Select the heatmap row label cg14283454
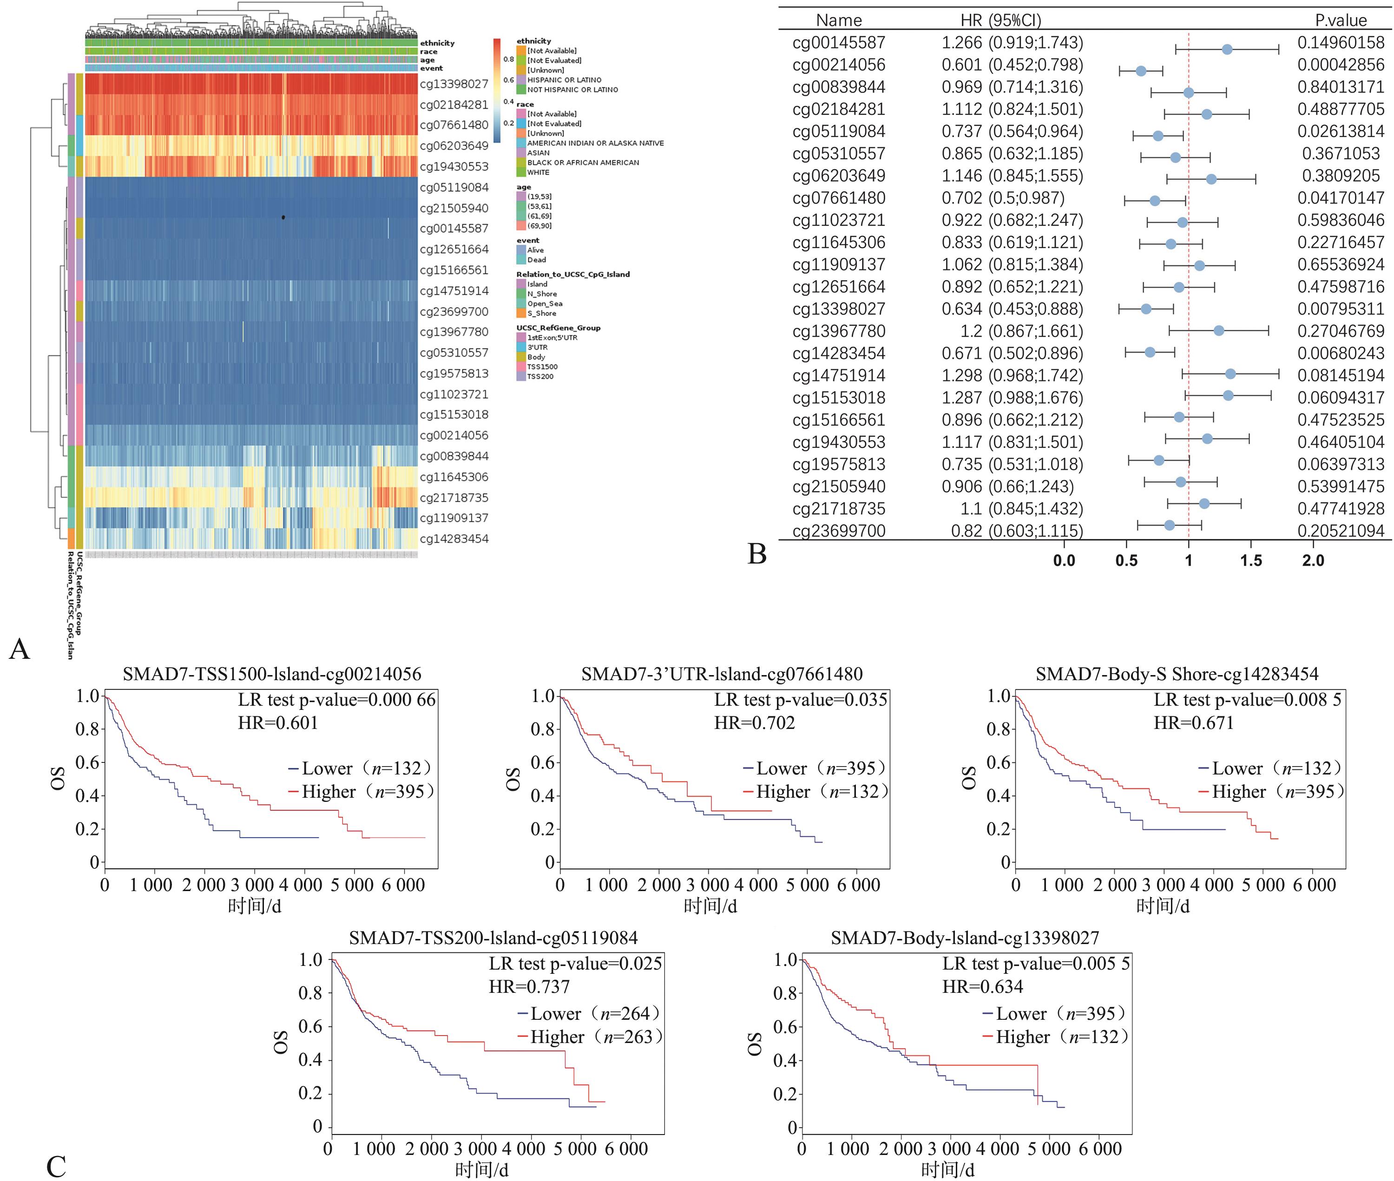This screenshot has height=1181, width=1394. pyautogui.click(x=454, y=539)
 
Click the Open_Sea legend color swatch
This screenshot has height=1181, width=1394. pyautogui.click(x=521, y=303)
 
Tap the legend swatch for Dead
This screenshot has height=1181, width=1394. pyautogui.click(x=521, y=260)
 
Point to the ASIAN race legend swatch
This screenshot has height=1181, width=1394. pyautogui.click(x=521, y=153)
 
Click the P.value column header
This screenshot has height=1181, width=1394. pyautogui.click(x=1341, y=20)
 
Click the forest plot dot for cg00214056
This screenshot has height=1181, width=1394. pyautogui.click(x=1141, y=71)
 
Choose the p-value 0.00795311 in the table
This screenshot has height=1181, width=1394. pyautogui.click(x=1341, y=309)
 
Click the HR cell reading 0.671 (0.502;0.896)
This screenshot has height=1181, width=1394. pyautogui.click(x=1012, y=354)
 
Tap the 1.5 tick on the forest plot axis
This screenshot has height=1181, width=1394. pyautogui.click(x=1251, y=560)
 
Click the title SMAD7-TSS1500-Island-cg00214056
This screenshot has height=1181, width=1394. pyautogui.click(x=272, y=674)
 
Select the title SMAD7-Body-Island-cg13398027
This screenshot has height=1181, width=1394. pyautogui.click(x=965, y=938)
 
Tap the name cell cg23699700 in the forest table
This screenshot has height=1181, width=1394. pyautogui.click(x=838, y=531)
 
